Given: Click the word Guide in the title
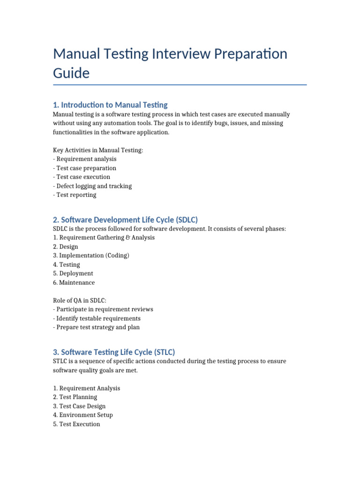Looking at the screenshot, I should [x=71, y=73].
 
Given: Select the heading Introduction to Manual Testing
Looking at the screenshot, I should [x=110, y=105].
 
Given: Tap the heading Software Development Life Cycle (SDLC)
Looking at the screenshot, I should [x=126, y=219].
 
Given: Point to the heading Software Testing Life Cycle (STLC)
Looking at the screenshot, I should [x=114, y=352].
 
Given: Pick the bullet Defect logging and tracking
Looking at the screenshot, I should [x=92, y=186].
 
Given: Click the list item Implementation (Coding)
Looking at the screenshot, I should [x=91, y=255].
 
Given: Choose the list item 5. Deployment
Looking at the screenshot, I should [x=73, y=273].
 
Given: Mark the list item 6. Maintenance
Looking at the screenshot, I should [x=74, y=283].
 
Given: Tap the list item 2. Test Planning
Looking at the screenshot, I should [x=75, y=397].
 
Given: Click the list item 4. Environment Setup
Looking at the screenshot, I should [x=83, y=415].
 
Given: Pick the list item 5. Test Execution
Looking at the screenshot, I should [x=76, y=424].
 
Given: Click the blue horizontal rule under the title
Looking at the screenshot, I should [x=180, y=85].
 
